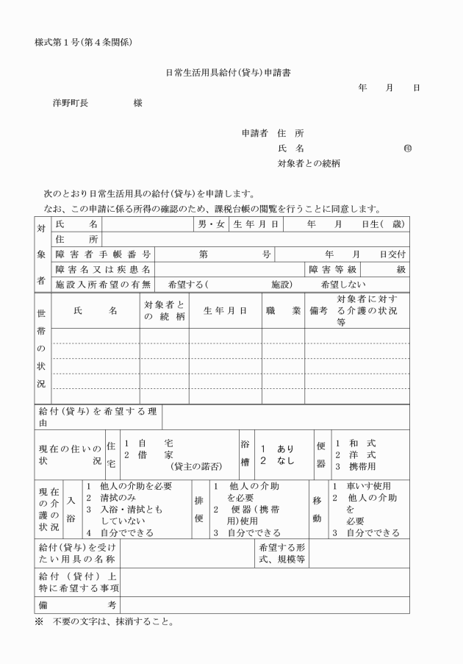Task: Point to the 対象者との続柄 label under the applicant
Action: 309,163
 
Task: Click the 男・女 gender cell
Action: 212,224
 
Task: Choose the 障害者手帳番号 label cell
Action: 103,254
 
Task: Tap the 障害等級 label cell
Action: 332,269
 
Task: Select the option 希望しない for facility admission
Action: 345,285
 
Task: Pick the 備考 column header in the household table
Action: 318,310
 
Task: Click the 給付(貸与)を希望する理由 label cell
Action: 98,417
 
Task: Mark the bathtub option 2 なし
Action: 277,461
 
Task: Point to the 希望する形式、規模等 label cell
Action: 283,554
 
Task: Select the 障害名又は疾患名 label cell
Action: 103,269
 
